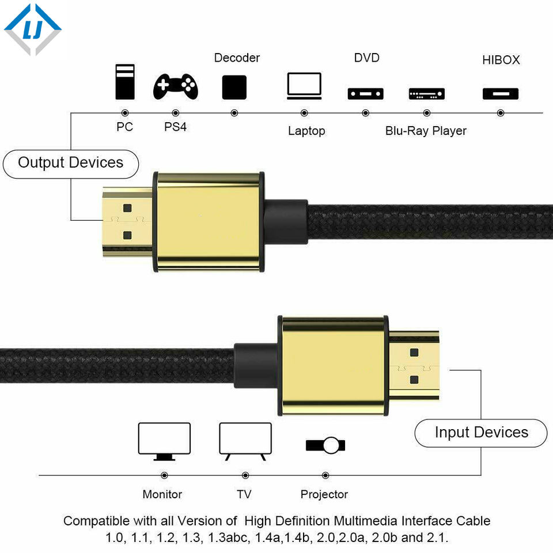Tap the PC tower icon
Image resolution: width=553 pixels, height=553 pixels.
tap(124, 82)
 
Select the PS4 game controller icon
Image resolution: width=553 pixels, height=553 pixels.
tap(176, 87)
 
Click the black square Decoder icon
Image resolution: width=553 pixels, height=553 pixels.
tap(234, 87)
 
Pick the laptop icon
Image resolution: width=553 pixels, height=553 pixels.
tap(304, 86)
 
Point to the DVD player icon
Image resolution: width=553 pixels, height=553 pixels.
tap(365, 93)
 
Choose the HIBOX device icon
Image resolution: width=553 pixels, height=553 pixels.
tap(500, 93)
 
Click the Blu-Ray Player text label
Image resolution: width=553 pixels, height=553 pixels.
tap(426, 131)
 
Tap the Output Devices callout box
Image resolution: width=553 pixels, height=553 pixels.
tap(71, 163)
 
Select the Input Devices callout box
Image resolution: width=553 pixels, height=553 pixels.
tap(481, 433)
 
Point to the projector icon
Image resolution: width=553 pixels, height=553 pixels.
tap(325, 445)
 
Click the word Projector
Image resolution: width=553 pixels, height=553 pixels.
tap(324, 494)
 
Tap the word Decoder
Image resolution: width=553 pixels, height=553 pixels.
tap(237, 58)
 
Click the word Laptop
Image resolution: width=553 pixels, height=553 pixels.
tap(306, 131)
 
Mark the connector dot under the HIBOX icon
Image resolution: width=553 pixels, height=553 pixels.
tap(500, 113)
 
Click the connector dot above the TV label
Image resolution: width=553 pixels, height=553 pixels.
tap(245, 475)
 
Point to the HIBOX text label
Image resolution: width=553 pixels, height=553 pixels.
tap(501, 60)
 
